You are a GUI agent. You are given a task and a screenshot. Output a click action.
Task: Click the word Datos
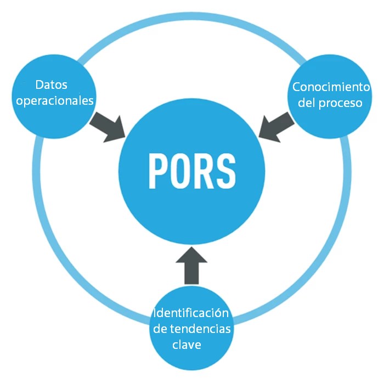[51, 85]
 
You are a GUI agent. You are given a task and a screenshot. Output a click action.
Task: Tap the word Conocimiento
[331, 87]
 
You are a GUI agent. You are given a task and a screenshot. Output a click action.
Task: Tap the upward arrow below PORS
[192, 266]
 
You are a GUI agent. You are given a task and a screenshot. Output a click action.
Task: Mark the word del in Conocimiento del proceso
[307, 103]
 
